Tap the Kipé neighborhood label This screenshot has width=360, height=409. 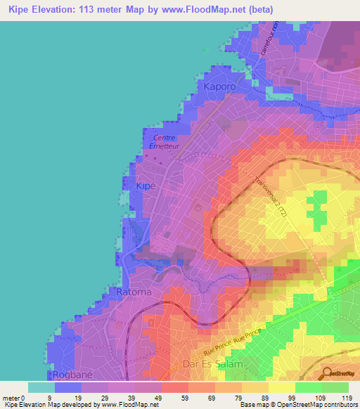click(143, 186)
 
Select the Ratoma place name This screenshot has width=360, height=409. click(131, 291)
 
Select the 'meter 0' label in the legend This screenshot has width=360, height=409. click(14, 397)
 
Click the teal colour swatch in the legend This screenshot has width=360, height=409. click(41, 387)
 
